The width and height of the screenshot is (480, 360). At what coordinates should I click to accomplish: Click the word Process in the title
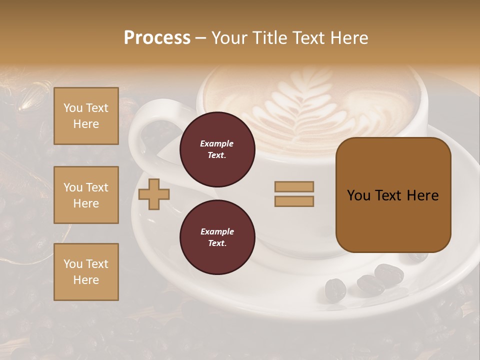(x=157, y=37)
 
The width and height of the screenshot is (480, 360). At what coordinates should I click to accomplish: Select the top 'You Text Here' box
(x=86, y=116)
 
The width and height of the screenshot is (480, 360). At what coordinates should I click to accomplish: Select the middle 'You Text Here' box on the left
(x=86, y=195)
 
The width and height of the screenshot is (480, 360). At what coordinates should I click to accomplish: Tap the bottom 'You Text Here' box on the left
(x=86, y=271)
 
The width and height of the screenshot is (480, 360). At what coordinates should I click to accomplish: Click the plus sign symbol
(x=154, y=193)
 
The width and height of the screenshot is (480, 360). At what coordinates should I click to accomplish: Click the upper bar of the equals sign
(x=294, y=186)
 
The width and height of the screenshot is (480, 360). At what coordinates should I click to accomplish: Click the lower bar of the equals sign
(x=294, y=201)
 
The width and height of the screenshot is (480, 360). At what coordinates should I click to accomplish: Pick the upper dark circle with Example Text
(x=217, y=149)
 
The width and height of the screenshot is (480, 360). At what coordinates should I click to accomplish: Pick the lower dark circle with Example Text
(x=217, y=237)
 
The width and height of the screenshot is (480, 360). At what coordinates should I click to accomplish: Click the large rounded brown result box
(x=393, y=220)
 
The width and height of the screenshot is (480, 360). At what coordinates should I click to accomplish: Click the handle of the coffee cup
(x=145, y=125)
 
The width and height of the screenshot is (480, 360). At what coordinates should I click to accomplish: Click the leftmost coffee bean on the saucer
(x=335, y=289)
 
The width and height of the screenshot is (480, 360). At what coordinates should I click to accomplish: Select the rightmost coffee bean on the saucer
(x=389, y=274)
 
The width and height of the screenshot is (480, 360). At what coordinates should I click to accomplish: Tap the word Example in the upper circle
(x=217, y=143)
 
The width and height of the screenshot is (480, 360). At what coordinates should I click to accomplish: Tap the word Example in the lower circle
(x=217, y=231)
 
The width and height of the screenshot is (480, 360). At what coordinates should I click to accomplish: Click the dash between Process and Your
(x=201, y=38)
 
